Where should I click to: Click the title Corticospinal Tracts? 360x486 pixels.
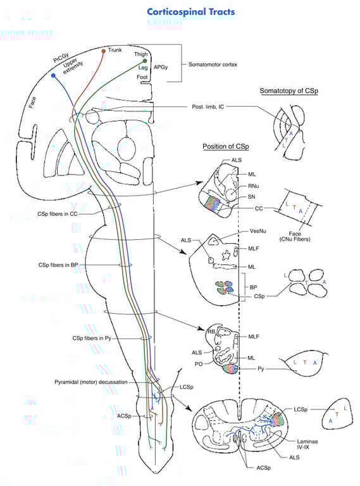[x=190, y=11]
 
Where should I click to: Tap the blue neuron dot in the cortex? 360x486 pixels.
[x=53, y=76]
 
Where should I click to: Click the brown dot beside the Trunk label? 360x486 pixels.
[x=104, y=51]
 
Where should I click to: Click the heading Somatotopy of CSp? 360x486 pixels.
[x=289, y=92]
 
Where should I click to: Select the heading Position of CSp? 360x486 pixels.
[x=226, y=147]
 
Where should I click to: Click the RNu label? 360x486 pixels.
[x=255, y=187]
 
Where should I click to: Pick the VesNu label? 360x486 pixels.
[x=257, y=233]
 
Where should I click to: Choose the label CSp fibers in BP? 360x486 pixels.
[x=60, y=263]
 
